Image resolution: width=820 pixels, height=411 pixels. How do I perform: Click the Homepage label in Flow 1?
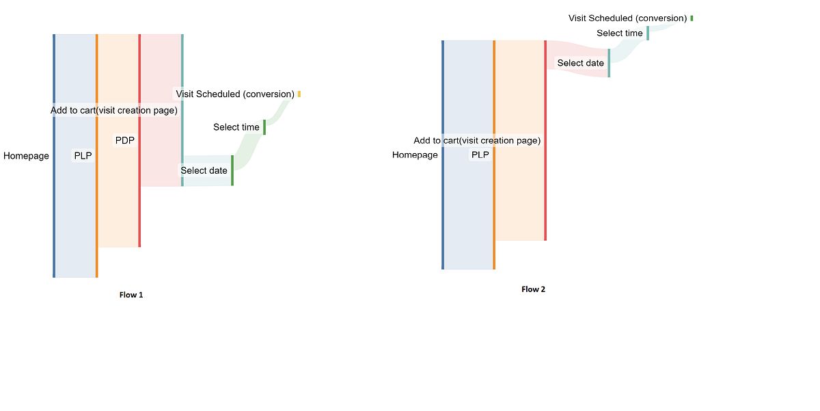point(26,156)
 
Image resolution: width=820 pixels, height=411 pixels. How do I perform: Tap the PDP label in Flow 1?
point(124,140)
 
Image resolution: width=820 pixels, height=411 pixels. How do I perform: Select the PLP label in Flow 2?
point(480,155)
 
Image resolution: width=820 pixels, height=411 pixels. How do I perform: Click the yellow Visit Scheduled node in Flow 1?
point(299,94)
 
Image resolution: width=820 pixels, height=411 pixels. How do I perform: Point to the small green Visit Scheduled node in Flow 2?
point(692,18)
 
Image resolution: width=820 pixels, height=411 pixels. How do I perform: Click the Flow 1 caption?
point(131,295)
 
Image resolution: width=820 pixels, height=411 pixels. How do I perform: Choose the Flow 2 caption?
point(533,289)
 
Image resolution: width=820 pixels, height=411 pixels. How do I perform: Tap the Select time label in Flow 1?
point(236,127)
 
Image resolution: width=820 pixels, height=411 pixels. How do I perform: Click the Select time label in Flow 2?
point(619,33)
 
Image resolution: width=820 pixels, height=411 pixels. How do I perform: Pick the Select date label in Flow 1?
point(204,170)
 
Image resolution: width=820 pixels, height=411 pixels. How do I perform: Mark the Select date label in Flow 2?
point(580,63)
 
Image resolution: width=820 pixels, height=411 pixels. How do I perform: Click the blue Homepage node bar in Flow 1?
point(54,156)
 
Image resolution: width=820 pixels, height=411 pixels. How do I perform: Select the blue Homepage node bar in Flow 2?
point(443,155)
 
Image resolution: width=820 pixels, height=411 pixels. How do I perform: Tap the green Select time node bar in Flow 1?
point(264,127)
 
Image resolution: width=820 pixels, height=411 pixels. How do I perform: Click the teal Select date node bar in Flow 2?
point(609,63)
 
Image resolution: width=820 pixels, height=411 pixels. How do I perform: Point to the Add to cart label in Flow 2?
point(477,140)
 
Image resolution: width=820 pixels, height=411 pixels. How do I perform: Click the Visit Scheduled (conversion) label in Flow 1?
point(235,94)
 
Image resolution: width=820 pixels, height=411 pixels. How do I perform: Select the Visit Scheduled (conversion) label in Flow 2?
point(627,18)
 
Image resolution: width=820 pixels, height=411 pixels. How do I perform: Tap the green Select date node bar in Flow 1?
point(232,170)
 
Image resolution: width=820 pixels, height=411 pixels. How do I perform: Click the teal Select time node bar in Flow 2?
point(648,33)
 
